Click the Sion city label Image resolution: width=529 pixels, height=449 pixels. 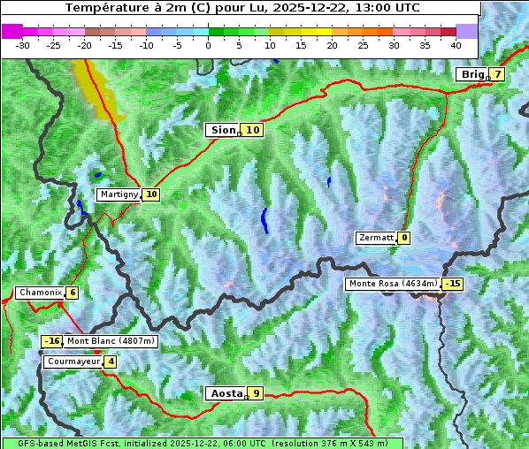coord(222,130)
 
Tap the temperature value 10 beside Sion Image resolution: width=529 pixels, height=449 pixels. coord(253,130)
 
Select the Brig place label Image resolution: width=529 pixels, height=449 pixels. coord(471,74)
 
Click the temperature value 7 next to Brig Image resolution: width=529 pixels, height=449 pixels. coord(498,74)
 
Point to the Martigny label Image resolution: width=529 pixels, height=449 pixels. coord(119,194)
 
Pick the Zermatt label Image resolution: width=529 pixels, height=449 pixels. coord(376,238)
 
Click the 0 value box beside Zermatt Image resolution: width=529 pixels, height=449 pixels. coord(403,238)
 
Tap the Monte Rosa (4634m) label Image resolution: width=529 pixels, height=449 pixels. coord(393,284)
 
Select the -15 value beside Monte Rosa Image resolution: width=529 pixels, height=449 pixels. coord(452,284)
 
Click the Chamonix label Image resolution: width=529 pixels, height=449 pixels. coord(39,293)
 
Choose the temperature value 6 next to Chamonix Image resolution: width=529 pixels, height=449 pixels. coord(72,293)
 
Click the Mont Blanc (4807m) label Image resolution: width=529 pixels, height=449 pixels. coord(111,341)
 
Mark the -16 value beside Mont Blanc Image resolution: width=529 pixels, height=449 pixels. coord(52,341)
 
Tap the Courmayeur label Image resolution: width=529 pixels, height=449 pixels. coord(73,361)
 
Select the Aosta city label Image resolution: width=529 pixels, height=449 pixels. coord(225,393)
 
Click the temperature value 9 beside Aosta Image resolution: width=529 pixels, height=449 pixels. coord(256,393)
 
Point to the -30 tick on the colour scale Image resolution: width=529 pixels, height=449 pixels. coord(23,45)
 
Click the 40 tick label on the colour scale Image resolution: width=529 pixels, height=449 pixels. coord(456,45)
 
